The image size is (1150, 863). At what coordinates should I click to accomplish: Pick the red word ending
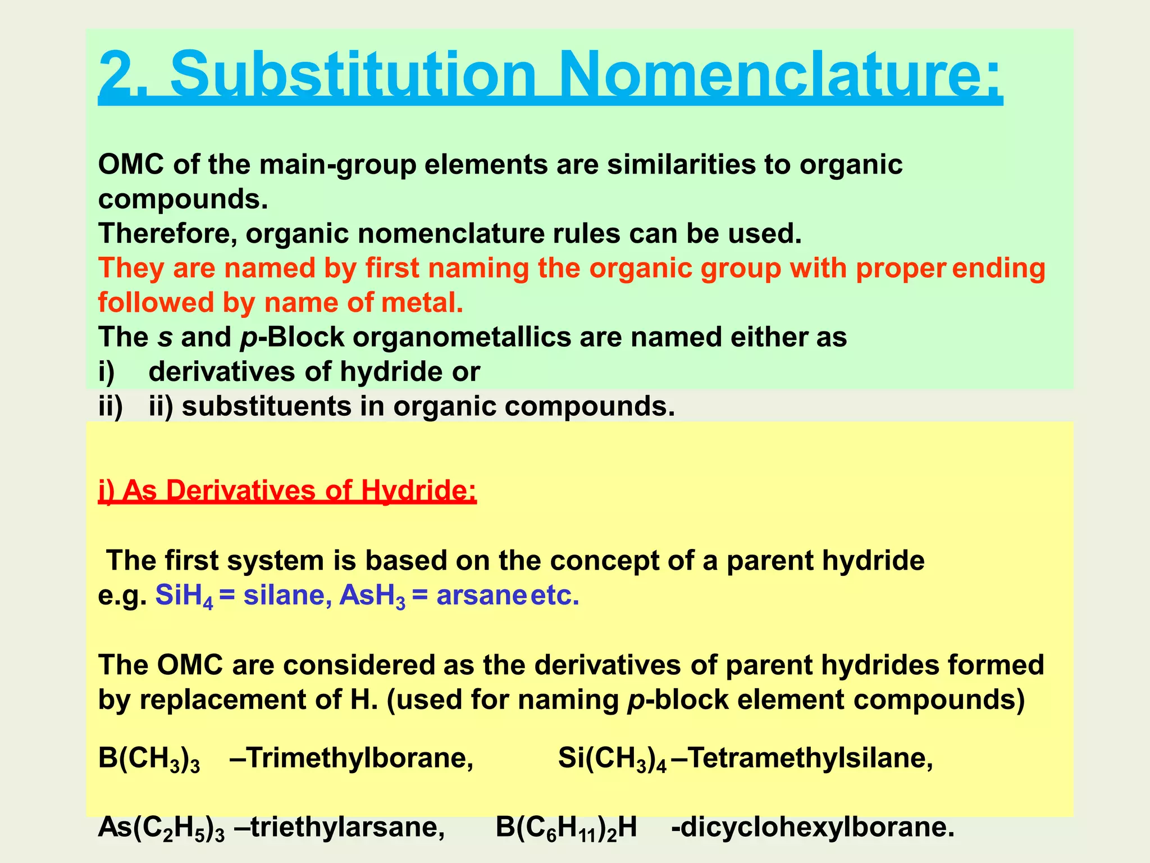(x=999, y=268)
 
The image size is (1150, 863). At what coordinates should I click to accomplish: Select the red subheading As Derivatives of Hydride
(x=287, y=490)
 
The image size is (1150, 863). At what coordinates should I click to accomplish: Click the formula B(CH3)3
(x=149, y=759)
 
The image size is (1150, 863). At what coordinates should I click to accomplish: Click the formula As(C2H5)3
(x=161, y=828)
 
